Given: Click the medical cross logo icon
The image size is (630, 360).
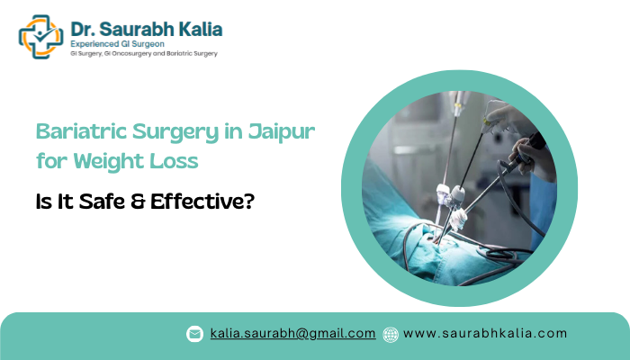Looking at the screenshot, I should coord(40,36).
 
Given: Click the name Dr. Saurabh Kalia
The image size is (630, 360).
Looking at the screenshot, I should coord(146,28).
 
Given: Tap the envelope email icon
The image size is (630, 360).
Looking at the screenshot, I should coord(194,334).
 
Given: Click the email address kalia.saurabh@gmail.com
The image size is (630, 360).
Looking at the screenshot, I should coord(292,333).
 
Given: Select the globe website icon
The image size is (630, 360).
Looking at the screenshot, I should coord(391,334).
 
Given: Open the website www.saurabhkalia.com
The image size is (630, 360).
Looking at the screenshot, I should coord(485,333).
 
